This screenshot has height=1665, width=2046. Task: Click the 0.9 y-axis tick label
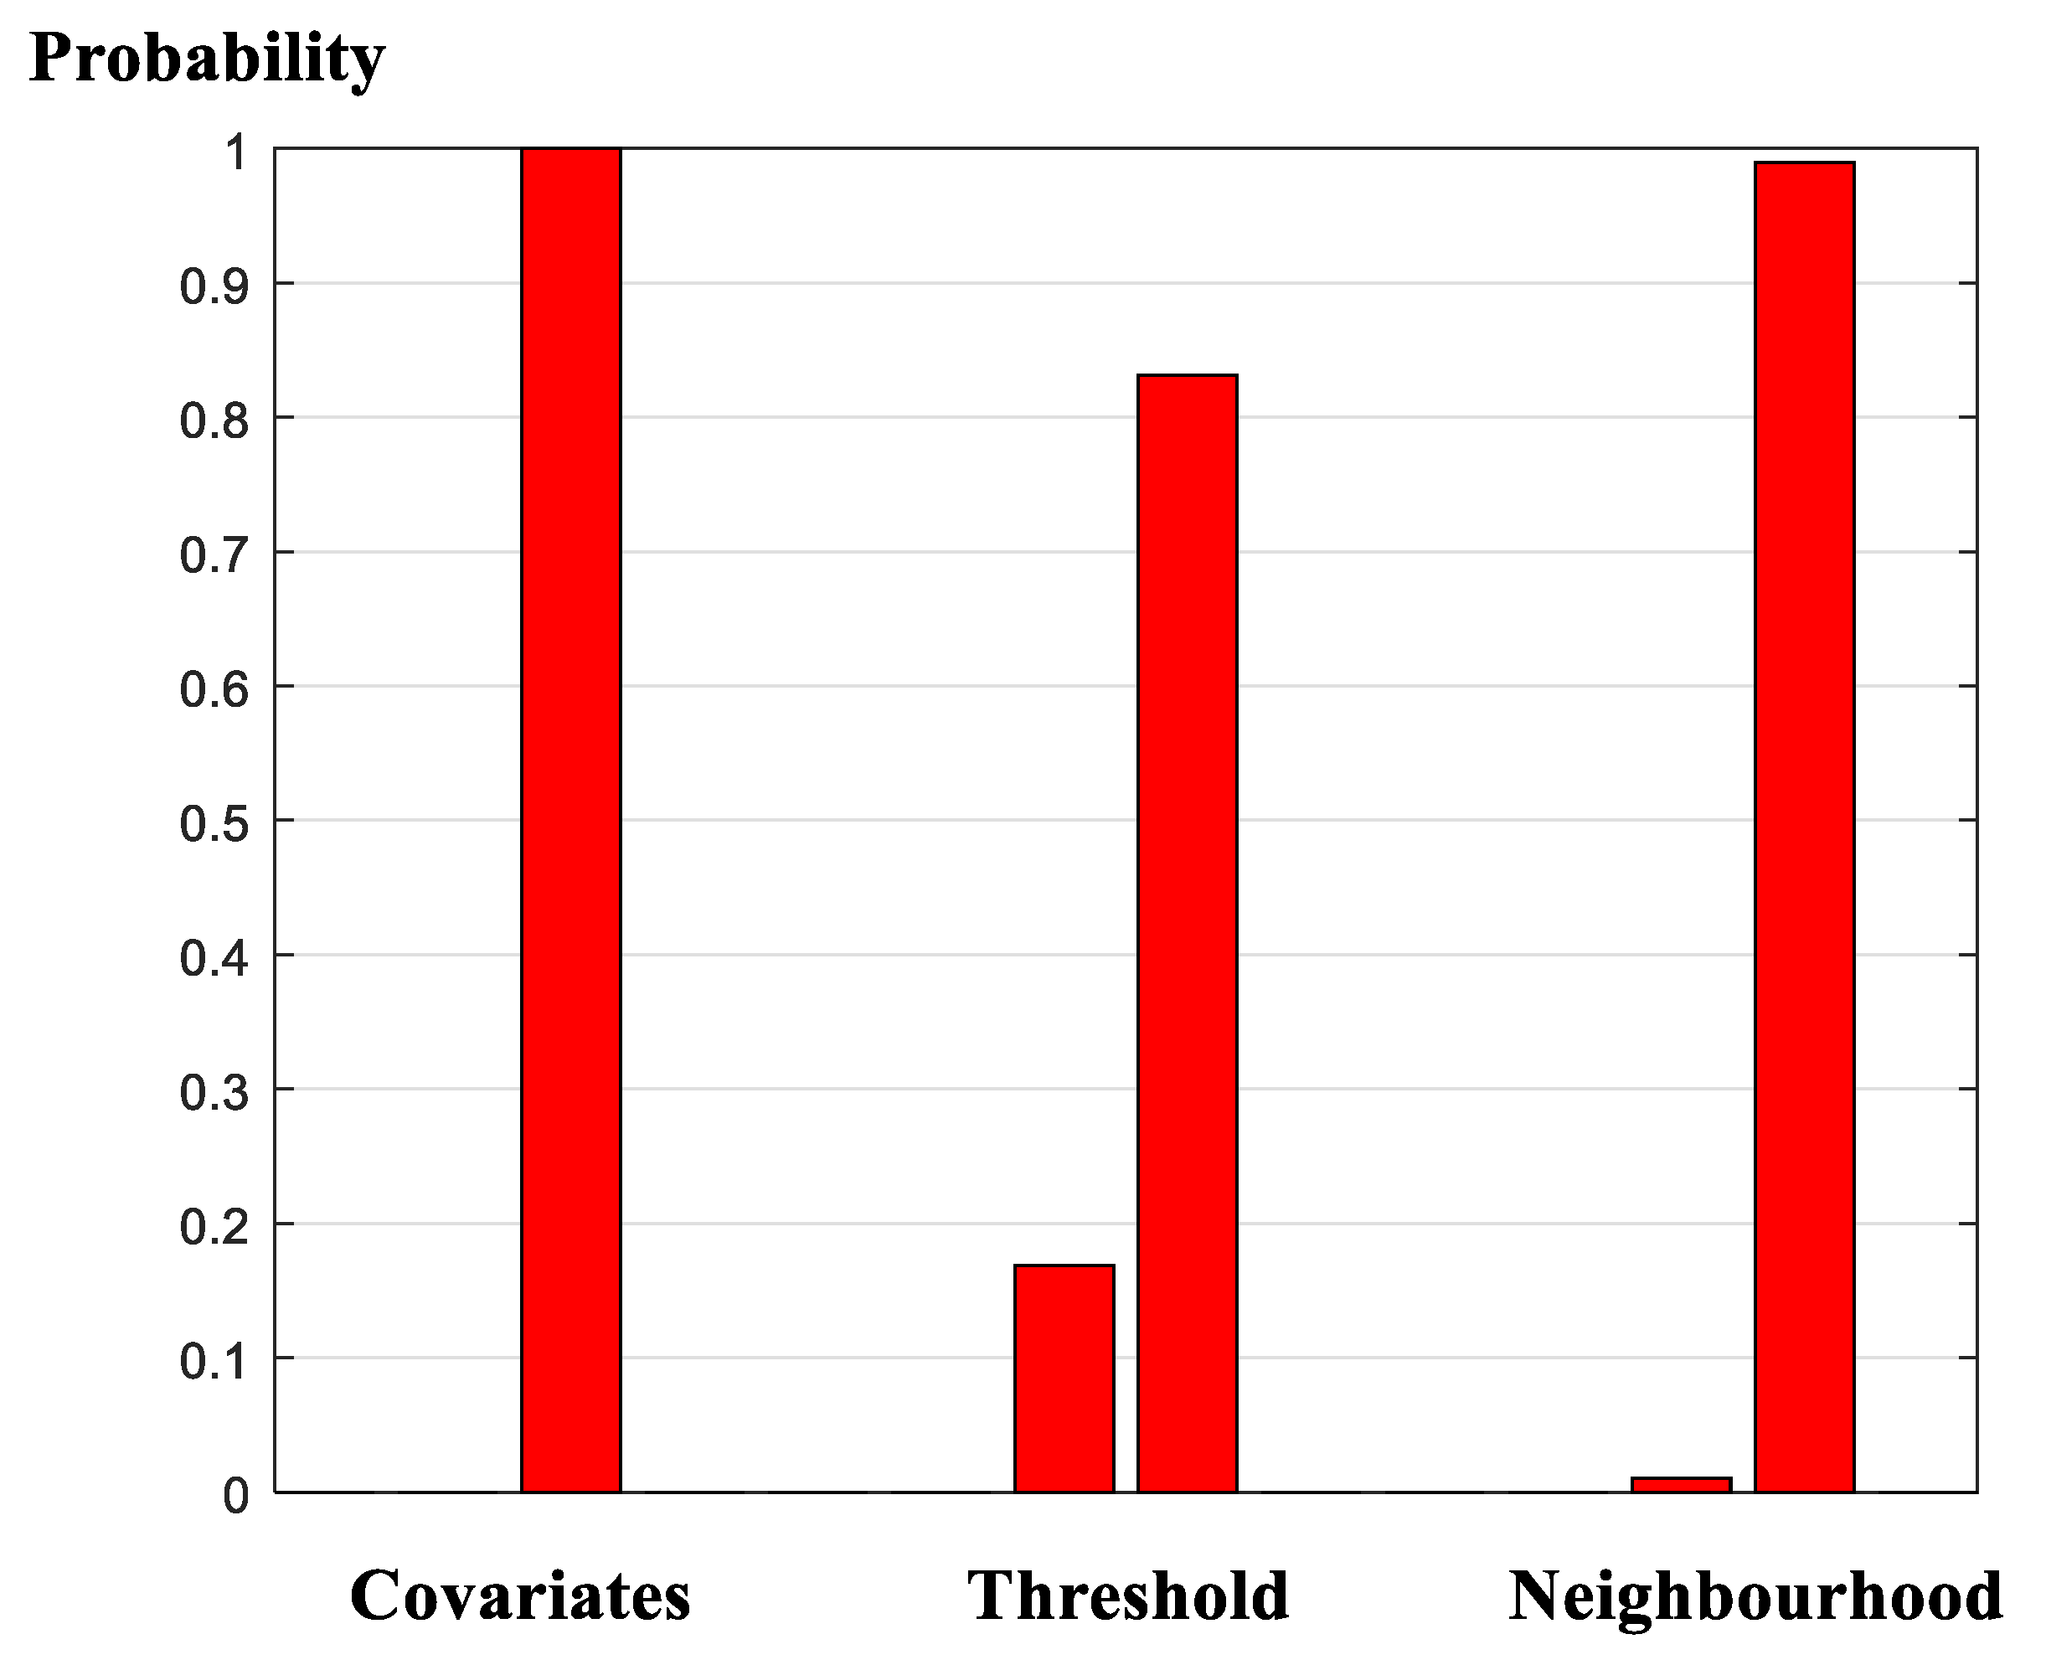coord(214,286)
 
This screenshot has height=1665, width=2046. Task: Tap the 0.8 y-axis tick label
coord(214,420)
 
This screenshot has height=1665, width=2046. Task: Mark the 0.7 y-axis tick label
coord(214,554)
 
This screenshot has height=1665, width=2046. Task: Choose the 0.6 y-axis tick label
coord(214,688)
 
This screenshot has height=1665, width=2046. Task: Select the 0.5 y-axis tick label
coord(214,823)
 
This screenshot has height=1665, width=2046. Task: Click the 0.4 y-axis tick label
coord(214,957)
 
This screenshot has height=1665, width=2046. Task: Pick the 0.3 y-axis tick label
coord(214,1091)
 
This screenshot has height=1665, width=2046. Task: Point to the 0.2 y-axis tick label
coord(214,1226)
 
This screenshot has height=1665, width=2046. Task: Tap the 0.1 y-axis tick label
coord(214,1360)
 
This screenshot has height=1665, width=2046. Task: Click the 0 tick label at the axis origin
coord(235,1495)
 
